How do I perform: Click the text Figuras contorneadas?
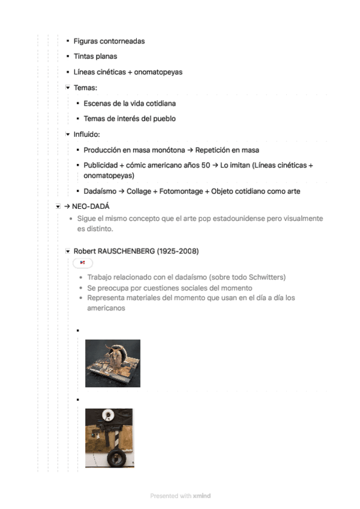(109, 41)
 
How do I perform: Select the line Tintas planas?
(95, 56)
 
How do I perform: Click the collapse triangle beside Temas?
(68, 88)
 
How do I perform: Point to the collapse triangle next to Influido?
(68, 134)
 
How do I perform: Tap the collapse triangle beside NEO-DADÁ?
(58, 206)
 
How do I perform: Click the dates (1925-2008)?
(178, 251)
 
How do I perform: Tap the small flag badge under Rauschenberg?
(83, 263)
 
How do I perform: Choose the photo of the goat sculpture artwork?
(113, 363)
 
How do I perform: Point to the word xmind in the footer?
(202, 496)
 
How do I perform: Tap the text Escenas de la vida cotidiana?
(130, 103)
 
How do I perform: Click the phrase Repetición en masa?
(227, 149)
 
